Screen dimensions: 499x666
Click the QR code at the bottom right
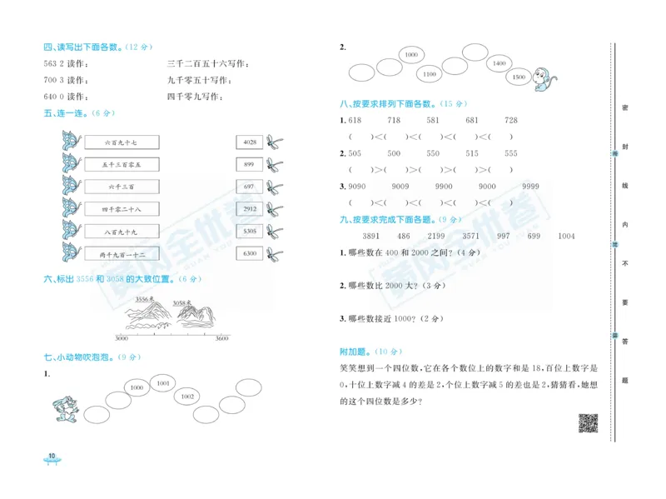click(x=589, y=423)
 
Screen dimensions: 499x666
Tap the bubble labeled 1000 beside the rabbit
click(x=137, y=387)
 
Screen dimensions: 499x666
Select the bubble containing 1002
click(x=187, y=397)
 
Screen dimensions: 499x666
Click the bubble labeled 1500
click(x=519, y=77)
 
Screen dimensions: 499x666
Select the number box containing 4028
click(x=249, y=143)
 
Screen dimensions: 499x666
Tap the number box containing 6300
click(x=249, y=253)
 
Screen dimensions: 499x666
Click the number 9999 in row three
click(x=529, y=186)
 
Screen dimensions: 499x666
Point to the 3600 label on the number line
click(x=221, y=339)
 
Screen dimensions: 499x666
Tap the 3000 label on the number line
click(x=122, y=339)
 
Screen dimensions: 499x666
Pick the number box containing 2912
click(x=249, y=209)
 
